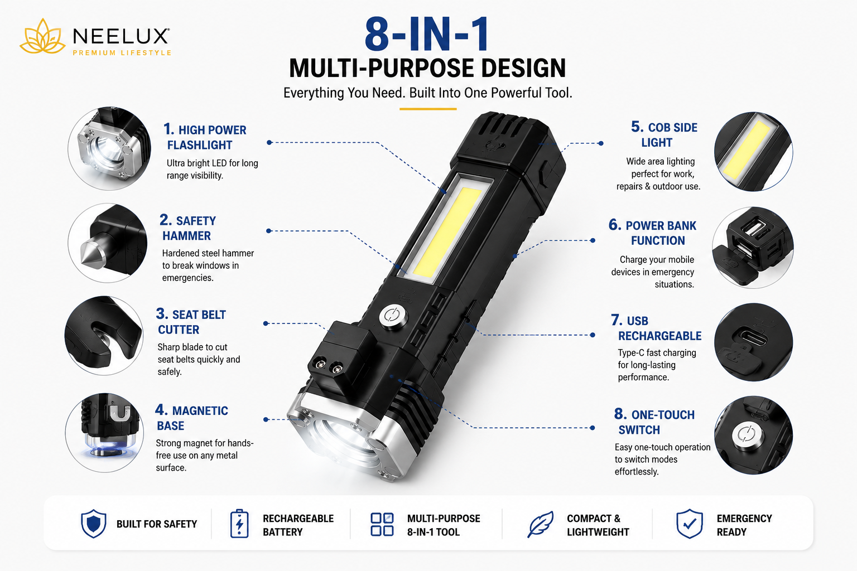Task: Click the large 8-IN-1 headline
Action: click(427, 34)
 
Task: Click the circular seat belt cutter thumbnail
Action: click(104, 336)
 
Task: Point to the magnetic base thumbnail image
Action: click(104, 433)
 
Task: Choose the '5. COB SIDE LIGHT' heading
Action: click(664, 134)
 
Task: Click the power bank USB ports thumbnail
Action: click(753, 248)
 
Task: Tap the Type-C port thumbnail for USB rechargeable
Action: click(753, 342)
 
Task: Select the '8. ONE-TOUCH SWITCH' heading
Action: click(654, 422)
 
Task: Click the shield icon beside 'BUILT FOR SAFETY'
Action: click(93, 524)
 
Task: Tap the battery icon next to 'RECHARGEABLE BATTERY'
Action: click(239, 524)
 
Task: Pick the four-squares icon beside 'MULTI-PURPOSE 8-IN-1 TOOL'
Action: click(382, 524)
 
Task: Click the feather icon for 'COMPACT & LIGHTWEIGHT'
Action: click(540, 524)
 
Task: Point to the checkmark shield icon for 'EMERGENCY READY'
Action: click(690, 524)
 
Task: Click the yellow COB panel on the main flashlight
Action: click(447, 232)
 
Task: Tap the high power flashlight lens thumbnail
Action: click(109, 148)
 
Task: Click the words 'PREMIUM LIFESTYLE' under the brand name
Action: click(122, 53)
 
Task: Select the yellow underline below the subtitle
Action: click(428, 109)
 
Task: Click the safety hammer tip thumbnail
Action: click(108, 243)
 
